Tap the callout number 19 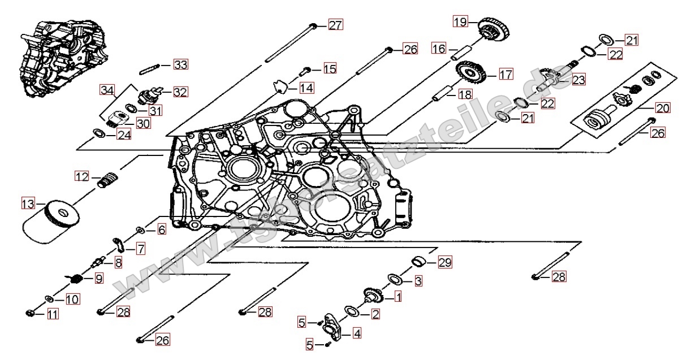[x=460, y=22]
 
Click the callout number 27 [x=335, y=25]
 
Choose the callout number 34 [x=107, y=89]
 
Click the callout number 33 [x=180, y=64]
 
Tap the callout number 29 [x=445, y=262]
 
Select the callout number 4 [x=357, y=333]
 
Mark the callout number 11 [x=53, y=315]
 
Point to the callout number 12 [x=83, y=177]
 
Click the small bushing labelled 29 [x=418, y=261]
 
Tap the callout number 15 [x=329, y=69]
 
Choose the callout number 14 [x=306, y=88]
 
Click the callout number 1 [x=397, y=295]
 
